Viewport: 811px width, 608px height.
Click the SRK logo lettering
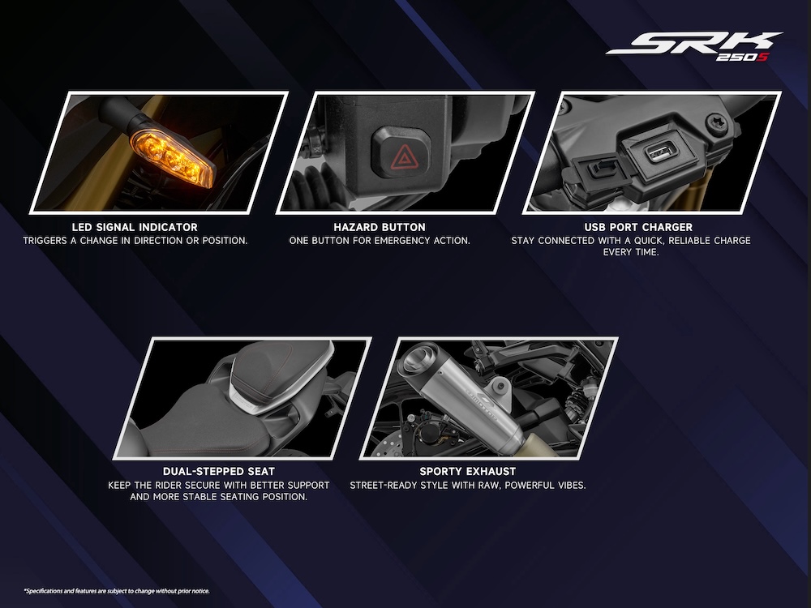[694, 43]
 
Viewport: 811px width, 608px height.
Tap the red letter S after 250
[762, 57]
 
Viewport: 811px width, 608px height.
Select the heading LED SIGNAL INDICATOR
[135, 227]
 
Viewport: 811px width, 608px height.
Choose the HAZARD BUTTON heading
[380, 227]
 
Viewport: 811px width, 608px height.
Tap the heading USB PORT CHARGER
[638, 227]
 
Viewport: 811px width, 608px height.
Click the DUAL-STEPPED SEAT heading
[219, 472]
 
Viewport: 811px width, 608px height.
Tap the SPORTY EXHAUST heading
[468, 472]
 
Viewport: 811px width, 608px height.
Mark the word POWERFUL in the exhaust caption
[534, 486]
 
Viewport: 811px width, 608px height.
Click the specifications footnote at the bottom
[117, 591]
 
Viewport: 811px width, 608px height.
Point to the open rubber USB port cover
[594, 176]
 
